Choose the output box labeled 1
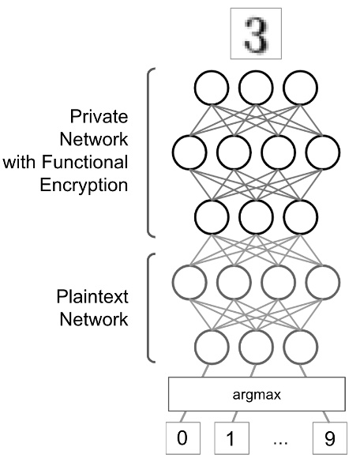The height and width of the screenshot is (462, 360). pos(231,437)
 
